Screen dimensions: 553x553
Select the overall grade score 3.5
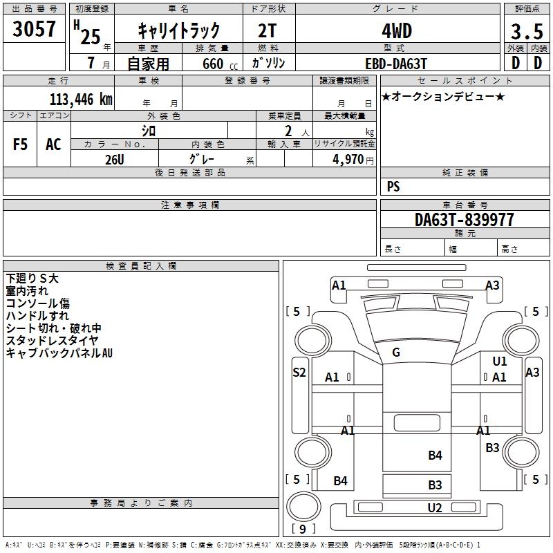pos(526,32)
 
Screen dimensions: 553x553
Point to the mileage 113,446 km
pos(81,100)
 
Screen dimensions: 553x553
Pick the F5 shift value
pos(21,144)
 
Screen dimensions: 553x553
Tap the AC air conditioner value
pos(53,144)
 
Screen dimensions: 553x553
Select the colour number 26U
pos(114,160)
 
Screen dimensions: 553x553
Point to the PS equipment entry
pos(393,187)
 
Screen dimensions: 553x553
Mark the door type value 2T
pos(268,31)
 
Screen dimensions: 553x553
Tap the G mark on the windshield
pos(396,353)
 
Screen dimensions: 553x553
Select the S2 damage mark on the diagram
pos(299,372)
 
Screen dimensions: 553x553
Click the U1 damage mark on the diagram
pos(499,361)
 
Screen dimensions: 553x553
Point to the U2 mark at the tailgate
pos(435,508)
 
